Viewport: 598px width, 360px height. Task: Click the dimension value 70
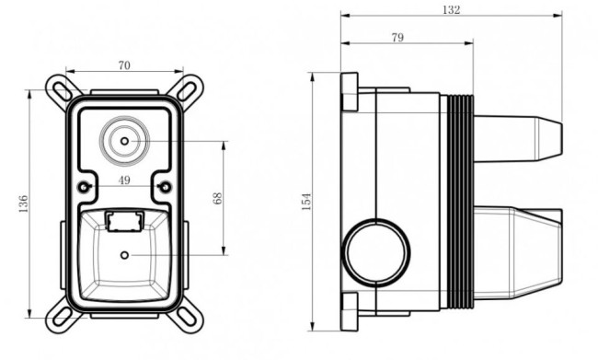point(124,65)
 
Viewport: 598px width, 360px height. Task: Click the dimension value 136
point(23,203)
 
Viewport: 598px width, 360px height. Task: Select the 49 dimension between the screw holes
point(124,180)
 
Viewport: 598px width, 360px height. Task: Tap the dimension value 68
point(217,199)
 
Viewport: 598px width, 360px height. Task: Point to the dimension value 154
point(306,202)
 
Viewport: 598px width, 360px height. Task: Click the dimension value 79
point(397,38)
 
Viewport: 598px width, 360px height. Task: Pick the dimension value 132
point(451,10)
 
